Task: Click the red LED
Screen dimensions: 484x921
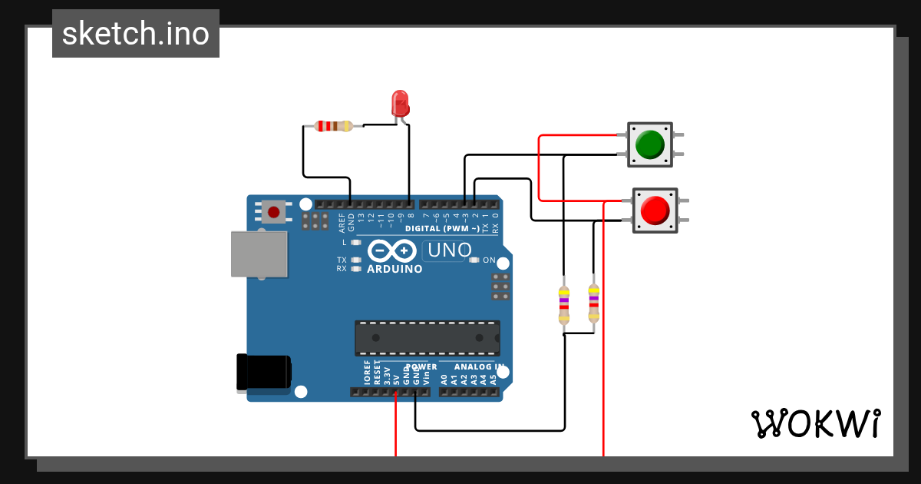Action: point(400,103)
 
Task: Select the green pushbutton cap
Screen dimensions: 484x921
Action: point(650,144)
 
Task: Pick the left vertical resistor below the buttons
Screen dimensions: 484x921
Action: point(564,304)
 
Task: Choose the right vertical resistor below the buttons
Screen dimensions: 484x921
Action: point(593,303)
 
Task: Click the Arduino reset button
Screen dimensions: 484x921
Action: point(272,211)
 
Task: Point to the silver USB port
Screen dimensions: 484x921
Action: point(259,254)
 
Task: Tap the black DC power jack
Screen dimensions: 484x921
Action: point(263,372)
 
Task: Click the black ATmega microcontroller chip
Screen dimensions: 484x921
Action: point(427,338)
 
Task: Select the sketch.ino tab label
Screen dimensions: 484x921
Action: point(136,34)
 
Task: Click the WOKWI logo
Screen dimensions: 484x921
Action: point(815,423)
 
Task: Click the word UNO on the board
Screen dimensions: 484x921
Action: point(449,250)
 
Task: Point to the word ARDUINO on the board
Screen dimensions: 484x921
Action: point(394,270)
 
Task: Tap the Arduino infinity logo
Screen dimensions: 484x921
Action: point(391,251)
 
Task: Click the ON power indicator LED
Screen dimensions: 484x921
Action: point(474,260)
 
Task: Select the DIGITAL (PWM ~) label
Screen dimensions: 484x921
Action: point(441,228)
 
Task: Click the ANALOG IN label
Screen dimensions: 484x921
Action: point(479,366)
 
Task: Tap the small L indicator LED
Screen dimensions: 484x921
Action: point(355,242)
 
